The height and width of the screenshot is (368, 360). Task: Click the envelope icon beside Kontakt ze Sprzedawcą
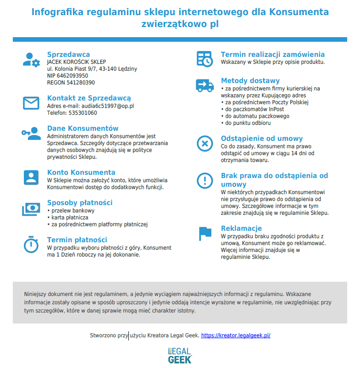pos(31,103)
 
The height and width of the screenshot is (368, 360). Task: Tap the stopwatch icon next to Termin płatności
pos(31,244)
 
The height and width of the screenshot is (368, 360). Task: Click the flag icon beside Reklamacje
pos(205,233)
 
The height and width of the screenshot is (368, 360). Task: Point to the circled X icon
pos(205,143)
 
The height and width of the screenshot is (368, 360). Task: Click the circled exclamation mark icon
pos(205,180)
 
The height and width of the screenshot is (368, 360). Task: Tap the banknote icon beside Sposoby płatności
pos(31,209)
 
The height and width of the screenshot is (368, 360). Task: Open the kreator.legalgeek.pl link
pos(236,335)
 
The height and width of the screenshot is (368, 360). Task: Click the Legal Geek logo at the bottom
pos(180,355)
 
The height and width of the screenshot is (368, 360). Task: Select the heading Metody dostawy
pos(250,81)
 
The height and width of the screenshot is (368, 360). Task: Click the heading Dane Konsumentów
pos(83,128)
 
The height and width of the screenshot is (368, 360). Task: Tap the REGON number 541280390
pos(81,83)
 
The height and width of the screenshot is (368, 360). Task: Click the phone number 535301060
pos(83,113)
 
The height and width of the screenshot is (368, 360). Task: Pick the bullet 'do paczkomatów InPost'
pos(254,109)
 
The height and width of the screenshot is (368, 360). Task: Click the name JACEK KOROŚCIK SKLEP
pos(76,62)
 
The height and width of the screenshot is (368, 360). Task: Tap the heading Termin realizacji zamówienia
pos(272,54)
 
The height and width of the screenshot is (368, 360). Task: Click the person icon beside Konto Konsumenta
pos(31,177)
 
